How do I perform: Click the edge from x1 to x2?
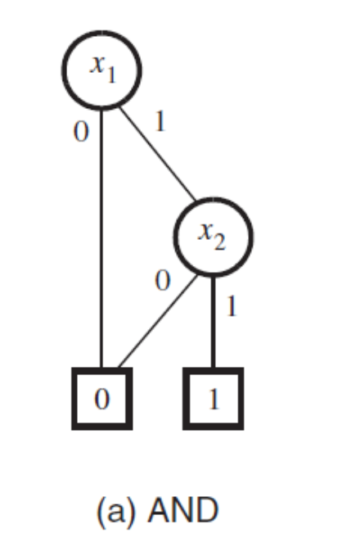(158, 153)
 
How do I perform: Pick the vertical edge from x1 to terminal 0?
(101, 238)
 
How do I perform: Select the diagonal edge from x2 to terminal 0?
(158, 321)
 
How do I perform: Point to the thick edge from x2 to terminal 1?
(214, 322)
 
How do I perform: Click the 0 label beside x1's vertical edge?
(81, 132)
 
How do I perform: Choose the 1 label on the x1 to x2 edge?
(160, 121)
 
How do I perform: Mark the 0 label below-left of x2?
(162, 281)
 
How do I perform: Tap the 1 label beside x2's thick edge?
(232, 306)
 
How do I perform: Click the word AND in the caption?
(183, 510)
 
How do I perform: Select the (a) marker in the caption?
(115, 511)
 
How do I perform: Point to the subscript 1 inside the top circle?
(111, 75)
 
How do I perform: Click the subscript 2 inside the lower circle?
(220, 242)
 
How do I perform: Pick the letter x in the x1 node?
(98, 64)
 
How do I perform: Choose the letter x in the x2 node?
(205, 231)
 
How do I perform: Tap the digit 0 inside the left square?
(102, 399)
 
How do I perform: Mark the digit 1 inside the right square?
(214, 399)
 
